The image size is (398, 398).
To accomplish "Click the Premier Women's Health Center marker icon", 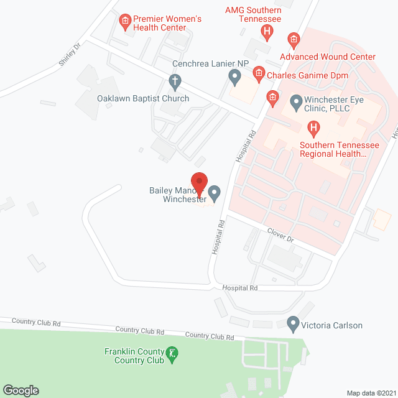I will pos(125,23).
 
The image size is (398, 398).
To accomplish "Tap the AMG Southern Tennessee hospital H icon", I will pos(267,31).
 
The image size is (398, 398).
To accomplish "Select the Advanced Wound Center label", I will pos(328,57).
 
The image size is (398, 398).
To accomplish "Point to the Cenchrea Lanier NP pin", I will pos(234,77).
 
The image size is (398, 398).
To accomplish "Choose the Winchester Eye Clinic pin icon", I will pos(296,100).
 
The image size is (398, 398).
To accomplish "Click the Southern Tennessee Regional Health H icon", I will pos(314,129).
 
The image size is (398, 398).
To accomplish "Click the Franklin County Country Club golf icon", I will pos(174,355).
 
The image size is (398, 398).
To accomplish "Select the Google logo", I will pos(21,390).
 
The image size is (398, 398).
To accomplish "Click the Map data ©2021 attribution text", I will pos(369,392).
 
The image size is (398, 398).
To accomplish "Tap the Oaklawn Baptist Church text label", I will pos(143,98).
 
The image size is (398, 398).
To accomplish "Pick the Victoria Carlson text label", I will pos(331,325).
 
